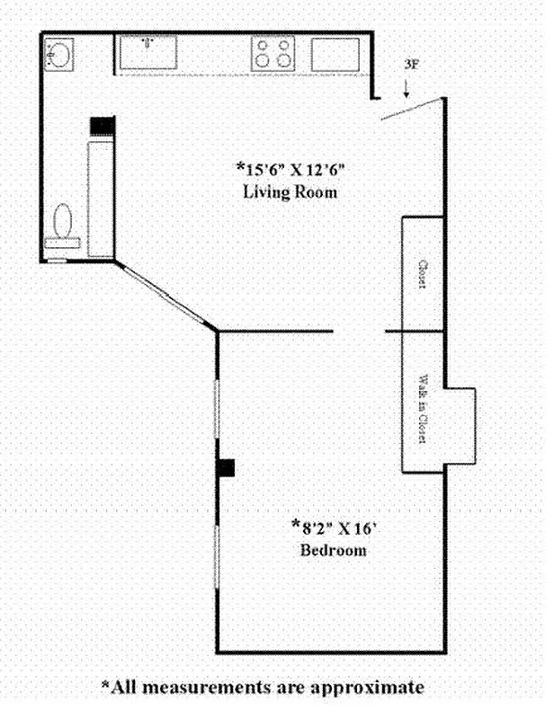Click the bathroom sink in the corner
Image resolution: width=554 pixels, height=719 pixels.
point(59,55)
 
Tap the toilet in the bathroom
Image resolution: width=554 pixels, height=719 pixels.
point(63,224)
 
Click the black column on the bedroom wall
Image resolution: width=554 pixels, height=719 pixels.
point(228,466)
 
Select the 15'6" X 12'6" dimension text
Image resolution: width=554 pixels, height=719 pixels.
point(290,169)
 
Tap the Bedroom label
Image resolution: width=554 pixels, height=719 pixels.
point(333,550)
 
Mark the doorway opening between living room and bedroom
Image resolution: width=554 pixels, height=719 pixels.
point(360,332)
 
